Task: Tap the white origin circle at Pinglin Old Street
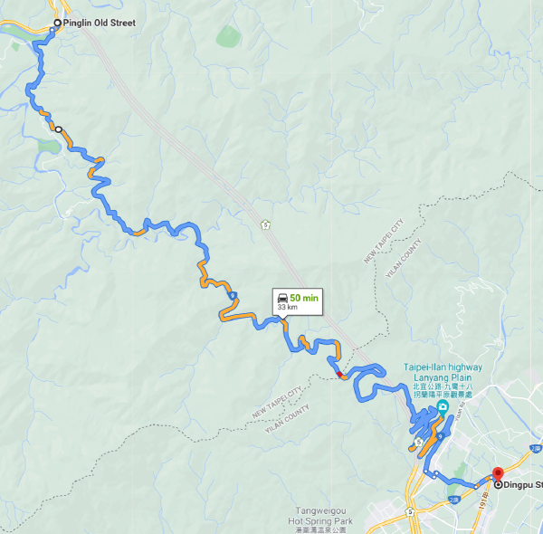click(x=58, y=23)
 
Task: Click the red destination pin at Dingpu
click(x=497, y=474)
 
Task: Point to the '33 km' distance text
click(x=287, y=307)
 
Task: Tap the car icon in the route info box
click(x=282, y=297)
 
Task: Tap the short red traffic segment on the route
click(x=339, y=374)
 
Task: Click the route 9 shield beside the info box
click(x=233, y=295)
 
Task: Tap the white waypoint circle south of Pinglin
click(x=58, y=129)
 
